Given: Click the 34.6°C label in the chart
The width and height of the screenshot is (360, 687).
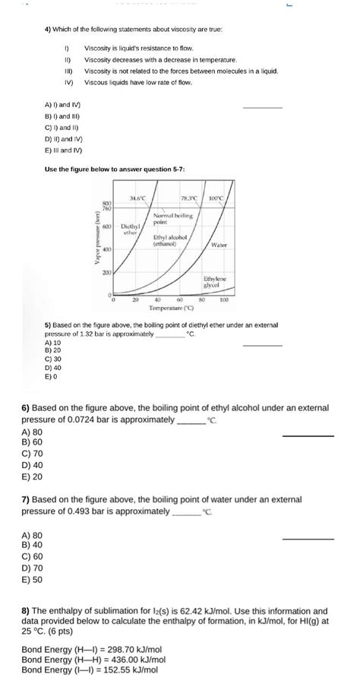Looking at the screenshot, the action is pos(138,199).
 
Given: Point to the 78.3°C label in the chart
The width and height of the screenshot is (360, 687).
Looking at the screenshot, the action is pos(190,199).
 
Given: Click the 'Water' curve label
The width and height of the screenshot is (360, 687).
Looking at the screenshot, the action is pos(219,245).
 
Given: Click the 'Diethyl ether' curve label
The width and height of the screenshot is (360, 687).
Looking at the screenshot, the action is pos(128,230).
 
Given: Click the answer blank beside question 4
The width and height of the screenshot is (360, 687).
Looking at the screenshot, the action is pos(262,108).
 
